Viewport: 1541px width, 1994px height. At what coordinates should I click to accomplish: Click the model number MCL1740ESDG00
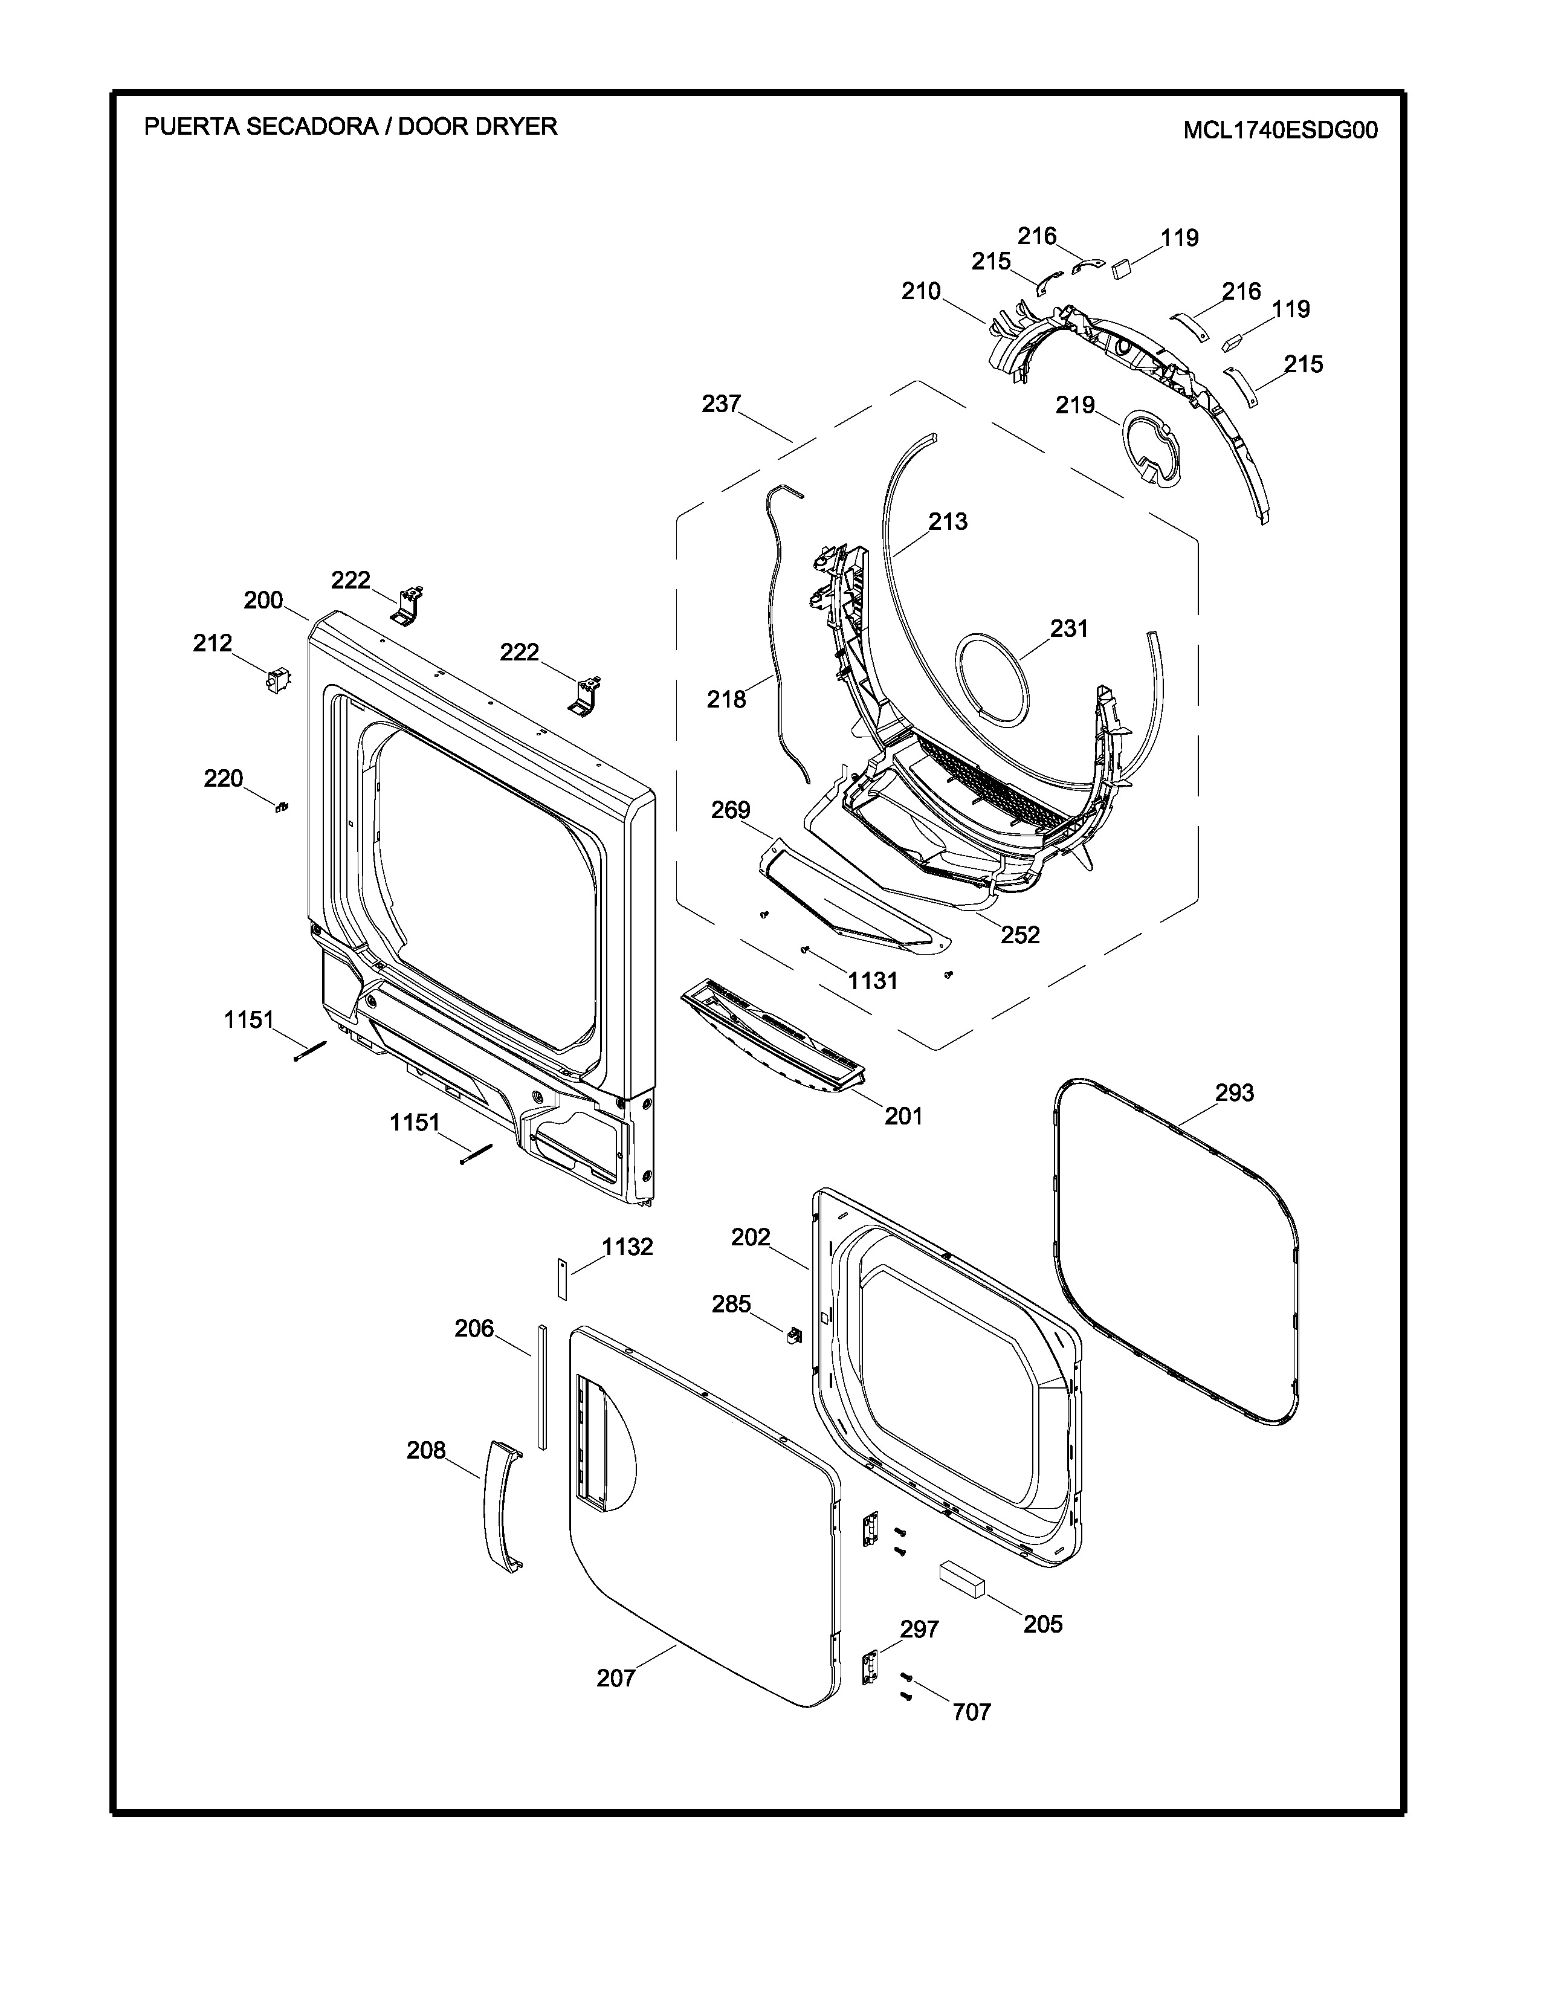(x=1280, y=131)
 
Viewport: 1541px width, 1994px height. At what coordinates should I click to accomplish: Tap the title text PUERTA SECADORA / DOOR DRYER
(x=351, y=126)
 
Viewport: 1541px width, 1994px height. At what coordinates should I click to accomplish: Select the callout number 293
(x=1234, y=1092)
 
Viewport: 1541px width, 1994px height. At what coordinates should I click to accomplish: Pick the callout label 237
(x=721, y=404)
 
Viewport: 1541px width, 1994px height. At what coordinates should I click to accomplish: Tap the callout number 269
(x=731, y=810)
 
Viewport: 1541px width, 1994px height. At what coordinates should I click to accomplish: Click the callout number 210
(x=920, y=291)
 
